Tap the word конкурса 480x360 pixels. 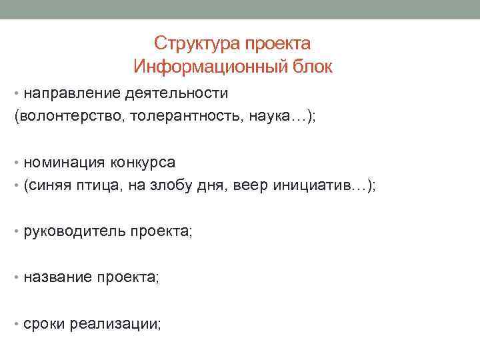(x=144, y=163)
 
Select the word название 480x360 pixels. (x=57, y=278)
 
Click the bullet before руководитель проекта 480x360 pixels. (x=17, y=233)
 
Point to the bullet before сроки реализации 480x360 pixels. (x=17, y=324)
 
